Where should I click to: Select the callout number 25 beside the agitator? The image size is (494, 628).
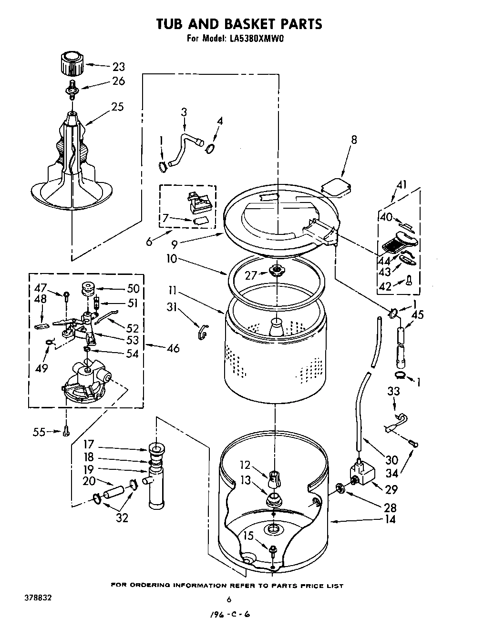pyautogui.click(x=117, y=106)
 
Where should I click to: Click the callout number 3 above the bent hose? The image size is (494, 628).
pyautogui.click(x=184, y=112)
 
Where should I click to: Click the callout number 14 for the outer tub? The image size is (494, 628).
pyautogui.click(x=390, y=519)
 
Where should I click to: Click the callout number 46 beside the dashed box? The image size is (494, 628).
pyautogui.click(x=173, y=348)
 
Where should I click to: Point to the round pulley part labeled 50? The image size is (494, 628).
pyautogui.click(x=88, y=289)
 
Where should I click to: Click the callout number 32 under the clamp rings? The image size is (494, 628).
pyautogui.click(x=122, y=518)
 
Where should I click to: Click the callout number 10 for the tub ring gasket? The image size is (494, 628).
pyautogui.click(x=172, y=259)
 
